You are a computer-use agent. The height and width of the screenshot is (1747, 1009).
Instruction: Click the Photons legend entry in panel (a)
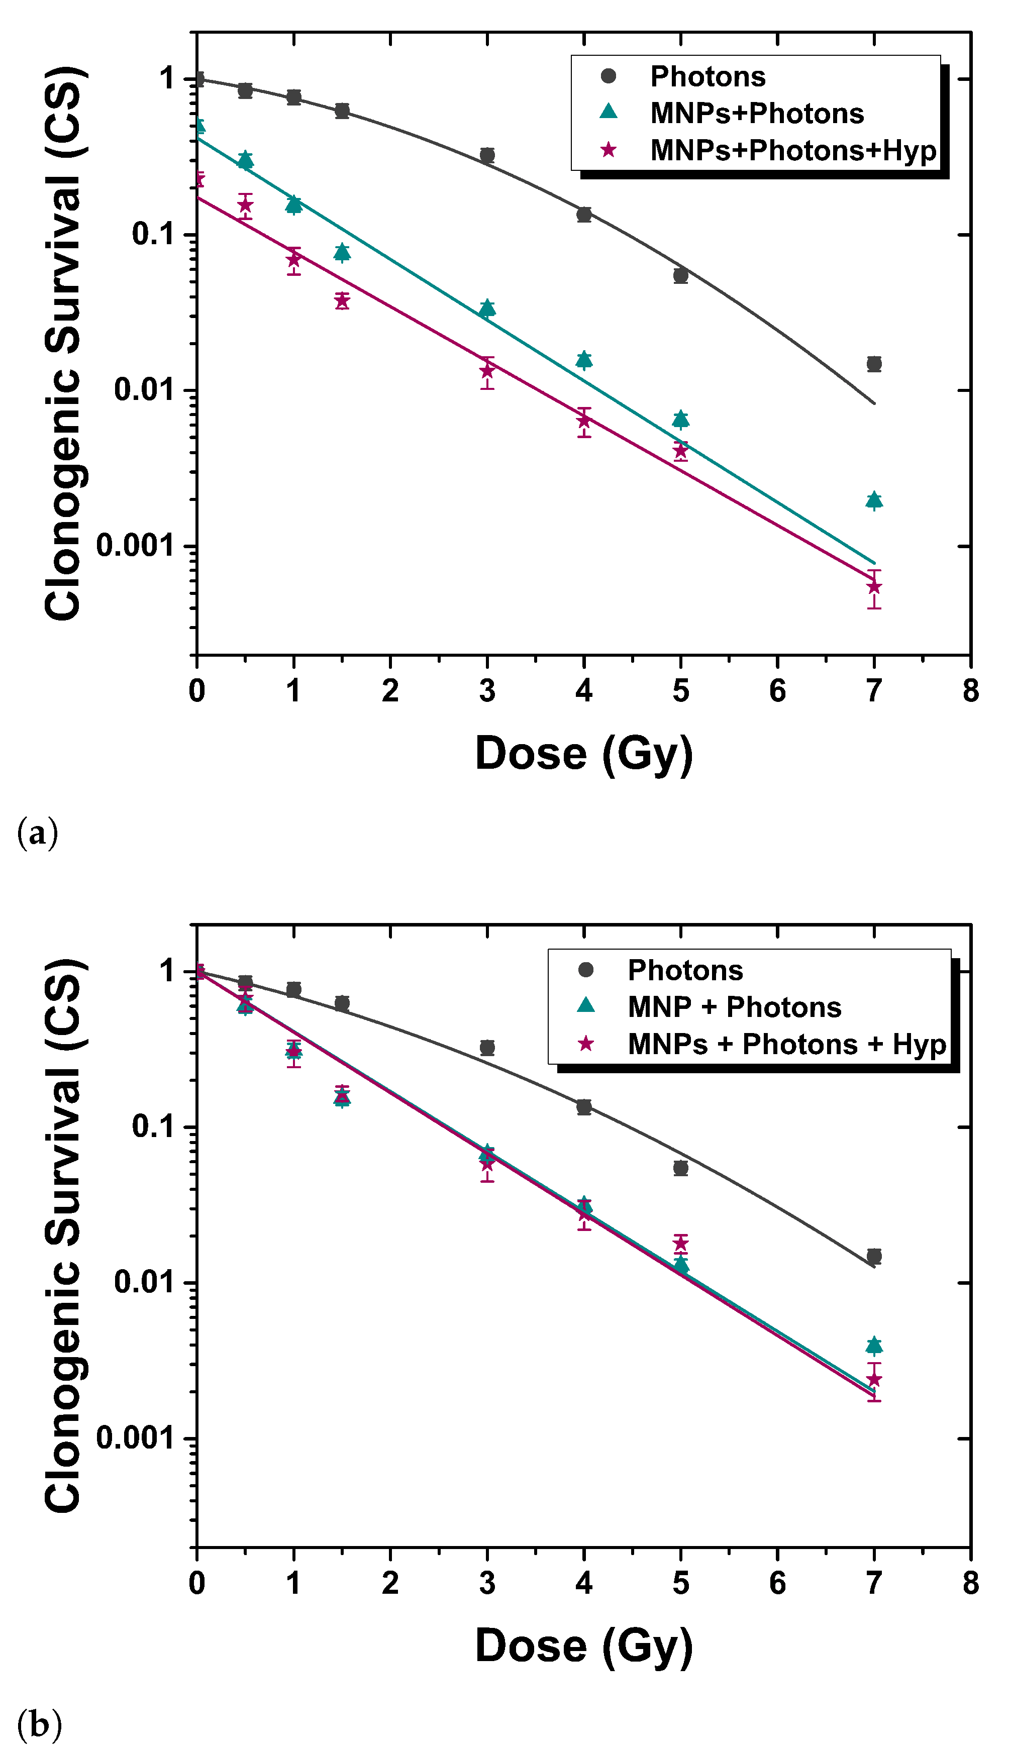coord(707,76)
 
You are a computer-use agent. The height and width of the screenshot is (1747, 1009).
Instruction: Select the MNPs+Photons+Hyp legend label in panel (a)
coord(793,150)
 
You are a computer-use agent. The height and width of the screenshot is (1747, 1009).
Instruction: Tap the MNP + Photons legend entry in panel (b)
coord(734,1007)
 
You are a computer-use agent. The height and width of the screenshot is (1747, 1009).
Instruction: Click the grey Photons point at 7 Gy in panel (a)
coord(874,364)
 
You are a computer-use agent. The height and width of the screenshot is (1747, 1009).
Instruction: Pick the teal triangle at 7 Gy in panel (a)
coord(874,500)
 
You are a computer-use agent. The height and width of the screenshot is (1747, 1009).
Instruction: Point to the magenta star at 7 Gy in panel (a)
coord(874,587)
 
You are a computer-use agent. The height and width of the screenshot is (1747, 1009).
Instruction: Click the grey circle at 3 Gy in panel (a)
coord(487,155)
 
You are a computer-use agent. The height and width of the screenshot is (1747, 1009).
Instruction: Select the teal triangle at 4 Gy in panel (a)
coord(584,359)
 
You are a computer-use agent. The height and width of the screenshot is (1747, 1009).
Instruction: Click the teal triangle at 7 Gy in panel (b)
coord(874,1345)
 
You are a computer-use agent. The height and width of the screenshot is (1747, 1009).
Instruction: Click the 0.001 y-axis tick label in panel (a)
coord(135,546)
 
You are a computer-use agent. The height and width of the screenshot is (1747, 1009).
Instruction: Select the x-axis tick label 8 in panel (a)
coord(970,691)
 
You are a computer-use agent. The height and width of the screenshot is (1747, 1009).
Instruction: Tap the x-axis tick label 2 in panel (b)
coord(390,1584)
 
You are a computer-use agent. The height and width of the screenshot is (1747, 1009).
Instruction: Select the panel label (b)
coord(39,1725)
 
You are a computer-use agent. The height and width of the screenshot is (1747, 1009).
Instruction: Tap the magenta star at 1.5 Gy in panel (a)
coord(342,300)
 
